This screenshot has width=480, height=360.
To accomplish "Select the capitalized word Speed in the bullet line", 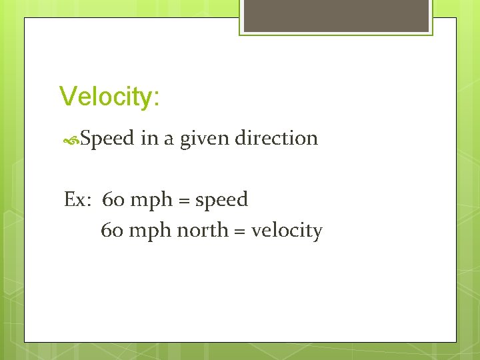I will click(x=107, y=139).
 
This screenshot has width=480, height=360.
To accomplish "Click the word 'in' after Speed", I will click(x=148, y=138).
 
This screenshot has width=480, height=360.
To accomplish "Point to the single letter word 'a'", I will click(x=168, y=139).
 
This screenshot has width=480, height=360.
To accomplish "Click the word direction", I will click(x=277, y=138).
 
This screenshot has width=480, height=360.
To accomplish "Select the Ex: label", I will click(x=78, y=199).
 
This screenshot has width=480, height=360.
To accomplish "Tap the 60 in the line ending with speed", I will click(x=113, y=199).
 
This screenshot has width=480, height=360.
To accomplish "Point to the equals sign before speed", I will click(x=185, y=200).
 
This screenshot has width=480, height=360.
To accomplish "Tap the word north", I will click(x=201, y=231).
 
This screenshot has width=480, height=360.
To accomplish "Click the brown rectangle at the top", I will click(x=336, y=15).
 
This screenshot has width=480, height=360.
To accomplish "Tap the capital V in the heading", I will click(x=67, y=96).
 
